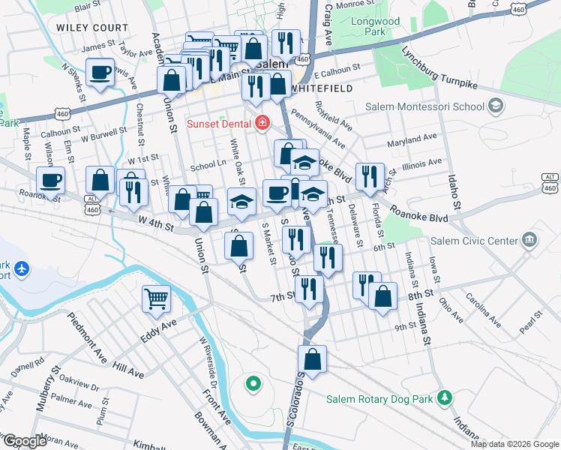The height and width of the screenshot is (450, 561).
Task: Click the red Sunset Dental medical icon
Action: (x=262, y=123)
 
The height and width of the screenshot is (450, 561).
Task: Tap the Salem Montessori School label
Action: (x=424, y=106)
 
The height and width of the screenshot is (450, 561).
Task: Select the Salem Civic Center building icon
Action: (x=530, y=241)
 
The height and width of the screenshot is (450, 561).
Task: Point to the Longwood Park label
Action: (x=375, y=27)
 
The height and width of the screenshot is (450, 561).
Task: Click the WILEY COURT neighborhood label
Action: (x=86, y=26)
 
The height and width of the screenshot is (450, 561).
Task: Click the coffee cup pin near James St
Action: (x=100, y=73)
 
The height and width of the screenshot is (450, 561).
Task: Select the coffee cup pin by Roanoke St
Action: (x=50, y=181)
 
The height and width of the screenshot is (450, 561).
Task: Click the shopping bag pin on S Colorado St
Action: (x=313, y=358)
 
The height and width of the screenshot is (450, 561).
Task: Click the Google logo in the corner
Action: (x=24, y=441)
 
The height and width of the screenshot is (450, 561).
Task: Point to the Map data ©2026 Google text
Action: (x=514, y=443)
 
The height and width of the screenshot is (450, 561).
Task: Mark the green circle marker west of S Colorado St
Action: (x=253, y=384)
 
